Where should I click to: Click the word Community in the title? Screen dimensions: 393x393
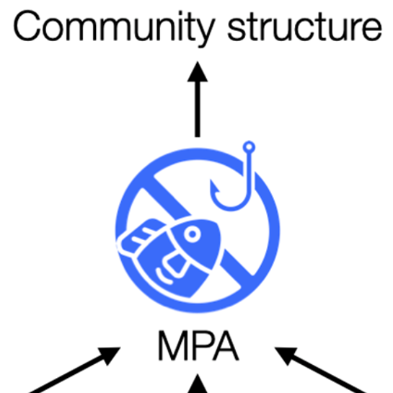point(114,29)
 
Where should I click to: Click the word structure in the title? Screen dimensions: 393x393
point(305,26)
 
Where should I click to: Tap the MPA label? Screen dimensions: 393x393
point(198,345)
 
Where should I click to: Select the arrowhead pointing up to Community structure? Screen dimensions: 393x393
point(198,71)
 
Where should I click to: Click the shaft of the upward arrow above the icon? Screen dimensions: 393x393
point(198,110)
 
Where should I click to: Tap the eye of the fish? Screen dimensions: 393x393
point(193,234)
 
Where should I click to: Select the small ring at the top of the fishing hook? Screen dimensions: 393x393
point(249,147)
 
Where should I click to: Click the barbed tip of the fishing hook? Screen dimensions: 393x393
point(213,187)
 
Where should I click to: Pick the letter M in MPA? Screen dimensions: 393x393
point(173,345)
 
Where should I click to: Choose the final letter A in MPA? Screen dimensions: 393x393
point(226,345)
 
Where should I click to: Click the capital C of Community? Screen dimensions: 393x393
point(27,25)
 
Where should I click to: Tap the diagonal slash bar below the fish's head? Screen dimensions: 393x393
point(237,268)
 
